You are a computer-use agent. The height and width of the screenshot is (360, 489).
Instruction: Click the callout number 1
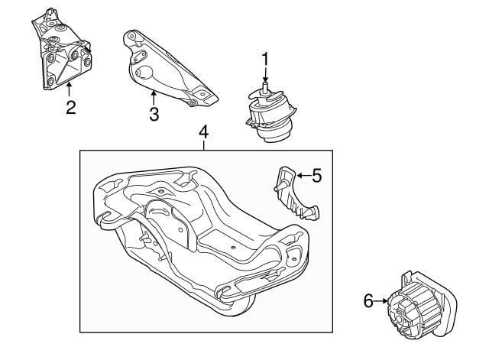pos(265,58)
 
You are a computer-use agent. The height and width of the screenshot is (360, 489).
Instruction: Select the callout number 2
pos(70,108)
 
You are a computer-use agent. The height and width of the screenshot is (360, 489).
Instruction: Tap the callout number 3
pos(154,115)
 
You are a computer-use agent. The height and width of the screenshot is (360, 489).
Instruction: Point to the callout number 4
pos(203,132)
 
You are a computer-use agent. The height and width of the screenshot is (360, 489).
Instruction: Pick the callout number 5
pos(316,176)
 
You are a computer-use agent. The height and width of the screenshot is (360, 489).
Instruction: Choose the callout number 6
pos(368,302)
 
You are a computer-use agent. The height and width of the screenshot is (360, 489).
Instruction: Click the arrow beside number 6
pos(382,302)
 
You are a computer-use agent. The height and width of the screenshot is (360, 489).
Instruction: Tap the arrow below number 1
pos(265,76)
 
